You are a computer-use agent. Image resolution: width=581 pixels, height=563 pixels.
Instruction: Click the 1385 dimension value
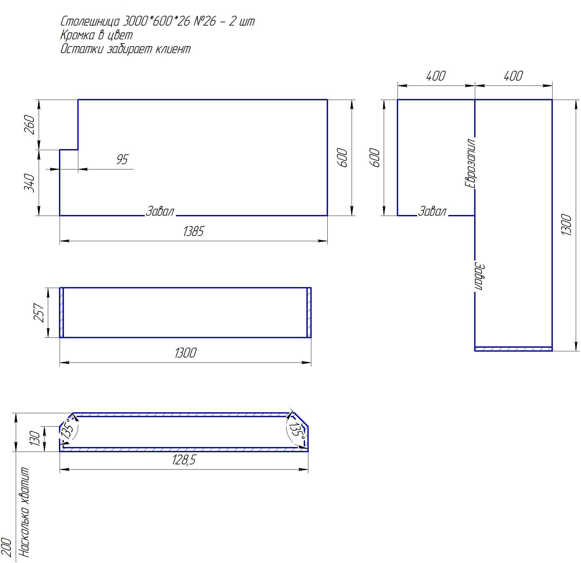tap(193, 231)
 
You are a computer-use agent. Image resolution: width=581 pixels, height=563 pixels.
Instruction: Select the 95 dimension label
tap(122, 160)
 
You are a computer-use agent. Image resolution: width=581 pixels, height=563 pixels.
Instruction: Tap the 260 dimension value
tap(29, 125)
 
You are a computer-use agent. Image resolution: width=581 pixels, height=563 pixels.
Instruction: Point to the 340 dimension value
tap(29, 183)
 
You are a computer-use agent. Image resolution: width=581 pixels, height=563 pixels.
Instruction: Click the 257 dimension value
tap(39, 313)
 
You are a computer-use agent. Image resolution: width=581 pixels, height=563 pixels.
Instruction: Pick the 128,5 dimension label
tap(184, 460)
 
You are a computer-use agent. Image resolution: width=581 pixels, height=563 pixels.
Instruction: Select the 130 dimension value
tap(34, 438)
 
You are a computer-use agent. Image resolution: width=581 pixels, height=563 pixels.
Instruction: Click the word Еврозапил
tap(470, 163)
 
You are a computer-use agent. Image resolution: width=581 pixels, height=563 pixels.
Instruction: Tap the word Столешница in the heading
tap(90, 22)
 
